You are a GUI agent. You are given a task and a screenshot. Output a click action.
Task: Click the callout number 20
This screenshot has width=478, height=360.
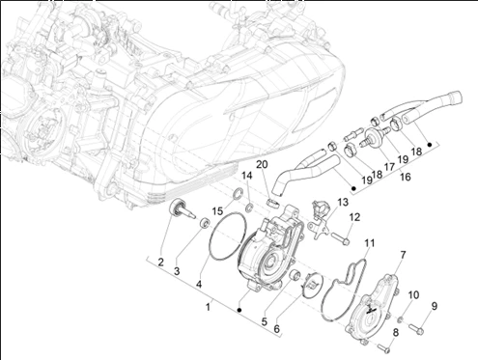coord(262,165)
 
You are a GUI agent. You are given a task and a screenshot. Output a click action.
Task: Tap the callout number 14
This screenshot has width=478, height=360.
coord(247,176)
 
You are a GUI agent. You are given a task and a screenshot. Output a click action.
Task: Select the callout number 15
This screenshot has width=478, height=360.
coord(217,211)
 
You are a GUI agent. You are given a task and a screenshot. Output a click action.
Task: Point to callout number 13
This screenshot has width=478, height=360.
coord(343,203)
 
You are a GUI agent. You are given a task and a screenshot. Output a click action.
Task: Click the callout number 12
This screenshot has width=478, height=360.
coord(354,217)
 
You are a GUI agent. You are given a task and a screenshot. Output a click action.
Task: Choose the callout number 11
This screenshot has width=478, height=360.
coord(370,243)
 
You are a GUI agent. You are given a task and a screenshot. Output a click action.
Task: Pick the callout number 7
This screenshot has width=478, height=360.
coord(403,255)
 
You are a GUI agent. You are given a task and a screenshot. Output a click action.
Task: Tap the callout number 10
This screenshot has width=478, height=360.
coord(414,294)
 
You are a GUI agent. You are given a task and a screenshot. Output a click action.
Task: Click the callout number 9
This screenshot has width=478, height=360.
coord(435,306)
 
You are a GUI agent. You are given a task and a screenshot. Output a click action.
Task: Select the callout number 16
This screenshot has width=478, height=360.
coord(406,177)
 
